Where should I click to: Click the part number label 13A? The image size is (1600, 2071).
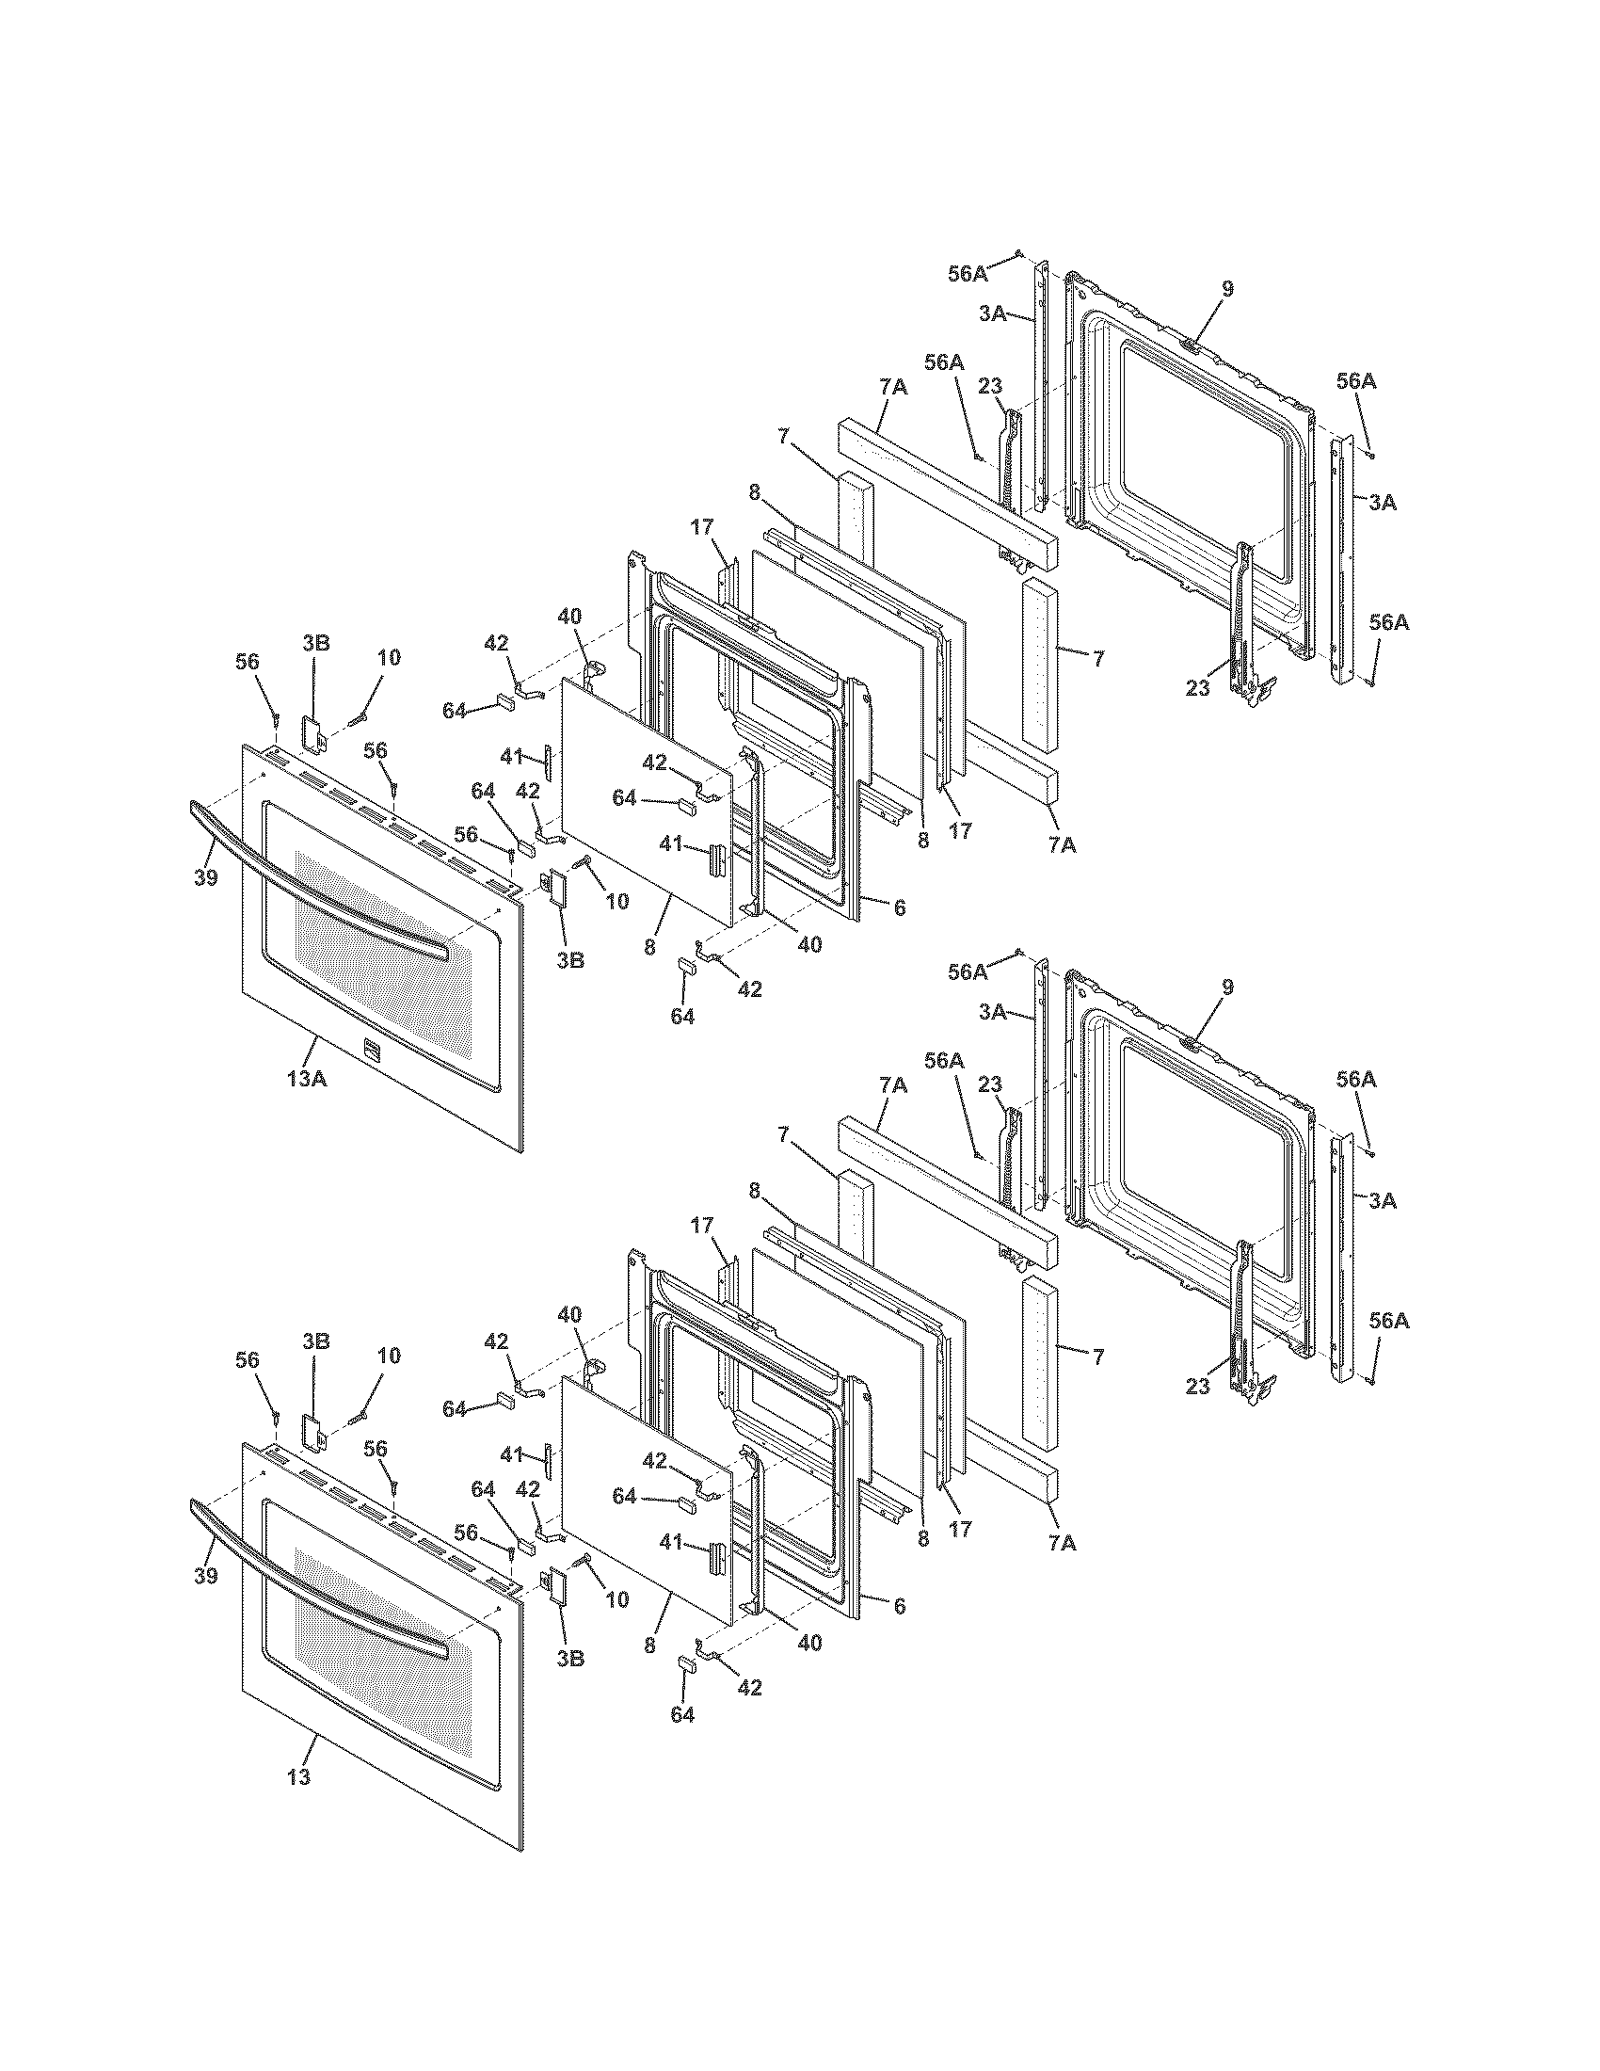pyautogui.click(x=307, y=1077)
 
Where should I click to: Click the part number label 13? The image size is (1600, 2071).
pyautogui.click(x=298, y=1776)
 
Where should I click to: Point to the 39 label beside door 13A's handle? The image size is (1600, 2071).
pyautogui.click(x=206, y=877)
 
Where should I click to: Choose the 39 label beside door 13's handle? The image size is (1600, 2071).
pyautogui.click(x=206, y=1576)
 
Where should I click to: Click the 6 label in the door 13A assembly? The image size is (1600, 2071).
pyautogui.click(x=899, y=907)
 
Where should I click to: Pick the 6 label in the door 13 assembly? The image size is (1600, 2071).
pyautogui.click(x=899, y=1605)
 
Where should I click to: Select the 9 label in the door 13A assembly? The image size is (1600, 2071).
pyautogui.click(x=1227, y=289)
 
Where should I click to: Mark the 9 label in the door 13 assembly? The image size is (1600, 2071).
pyautogui.click(x=1227, y=987)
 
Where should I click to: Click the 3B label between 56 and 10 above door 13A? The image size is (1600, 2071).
pyautogui.click(x=315, y=642)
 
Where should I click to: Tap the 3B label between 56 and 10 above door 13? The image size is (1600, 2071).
pyautogui.click(x=315, y=1341)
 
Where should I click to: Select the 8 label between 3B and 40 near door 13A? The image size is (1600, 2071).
pyautogui.click(x=650, y=946)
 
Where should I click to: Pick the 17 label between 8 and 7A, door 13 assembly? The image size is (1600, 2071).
pyautogui.click(x=960, y=1529)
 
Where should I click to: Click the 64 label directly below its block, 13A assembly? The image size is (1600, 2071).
pyautogui.click(x=682, y=1017)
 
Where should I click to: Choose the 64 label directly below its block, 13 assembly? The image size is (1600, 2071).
pyautogui.click(x=682, y=1714)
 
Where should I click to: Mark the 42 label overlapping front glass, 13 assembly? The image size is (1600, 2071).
pyautogui.click(x=654, y=1460)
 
